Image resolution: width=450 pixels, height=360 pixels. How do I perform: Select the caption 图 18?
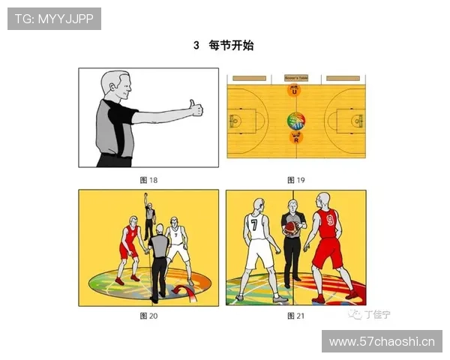click(148, 180)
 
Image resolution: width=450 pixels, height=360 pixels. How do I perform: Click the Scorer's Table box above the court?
click(295, 76)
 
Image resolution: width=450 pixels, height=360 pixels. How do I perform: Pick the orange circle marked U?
click(295, 91)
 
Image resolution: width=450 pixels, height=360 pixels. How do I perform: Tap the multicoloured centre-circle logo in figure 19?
click(295, 120)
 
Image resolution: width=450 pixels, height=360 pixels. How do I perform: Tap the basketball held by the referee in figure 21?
click(290, 229)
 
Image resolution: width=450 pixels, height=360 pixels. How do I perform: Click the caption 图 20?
click(148, 316)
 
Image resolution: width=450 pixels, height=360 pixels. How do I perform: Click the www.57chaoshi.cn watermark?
click(382, 342)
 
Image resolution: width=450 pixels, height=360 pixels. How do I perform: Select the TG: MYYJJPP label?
click(54, 18)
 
